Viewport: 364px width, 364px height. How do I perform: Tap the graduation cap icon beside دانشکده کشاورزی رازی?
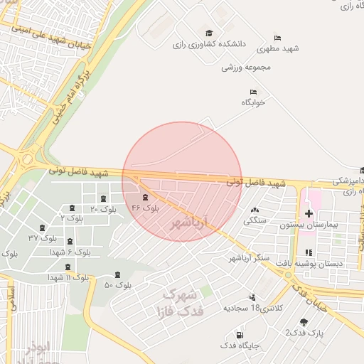click(209, 33)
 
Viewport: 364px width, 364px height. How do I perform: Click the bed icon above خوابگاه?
click(252, 92)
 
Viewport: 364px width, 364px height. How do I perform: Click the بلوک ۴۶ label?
click(145, 208)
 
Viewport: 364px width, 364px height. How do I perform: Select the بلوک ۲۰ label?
click(104, 209)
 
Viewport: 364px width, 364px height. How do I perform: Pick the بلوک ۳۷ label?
click(43, 237)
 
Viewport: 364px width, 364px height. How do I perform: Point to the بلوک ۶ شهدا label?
click(73, 252)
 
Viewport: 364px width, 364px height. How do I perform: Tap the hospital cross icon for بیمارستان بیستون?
click(309, 213)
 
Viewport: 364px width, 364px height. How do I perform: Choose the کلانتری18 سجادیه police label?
click(255, 308)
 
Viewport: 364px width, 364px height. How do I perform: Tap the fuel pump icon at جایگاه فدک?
click(239, 335)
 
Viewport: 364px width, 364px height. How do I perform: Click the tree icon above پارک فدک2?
click(304, 322)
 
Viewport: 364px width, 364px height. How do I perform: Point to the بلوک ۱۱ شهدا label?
click(68, 277)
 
